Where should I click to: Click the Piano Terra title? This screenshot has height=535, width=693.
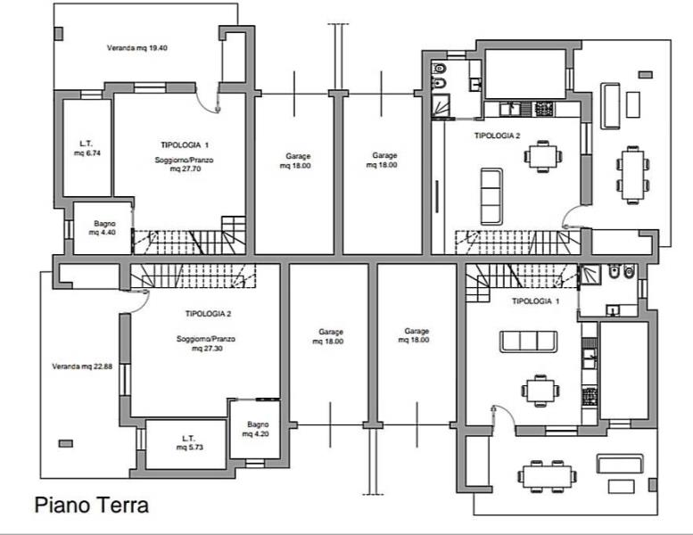92,505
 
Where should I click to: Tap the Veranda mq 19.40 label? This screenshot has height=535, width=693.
137,48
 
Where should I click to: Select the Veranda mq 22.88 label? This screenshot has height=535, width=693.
82,366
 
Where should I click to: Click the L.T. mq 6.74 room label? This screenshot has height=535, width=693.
87,148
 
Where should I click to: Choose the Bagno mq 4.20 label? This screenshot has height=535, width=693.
258,429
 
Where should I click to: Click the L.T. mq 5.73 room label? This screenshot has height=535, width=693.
189,442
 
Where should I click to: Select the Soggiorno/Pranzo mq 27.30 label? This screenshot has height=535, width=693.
206,343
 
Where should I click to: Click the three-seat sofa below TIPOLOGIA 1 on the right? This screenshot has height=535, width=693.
528,342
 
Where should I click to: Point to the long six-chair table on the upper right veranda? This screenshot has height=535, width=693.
633,175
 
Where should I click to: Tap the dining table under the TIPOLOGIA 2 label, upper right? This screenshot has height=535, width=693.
543,156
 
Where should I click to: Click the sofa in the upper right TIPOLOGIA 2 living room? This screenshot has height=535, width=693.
491,196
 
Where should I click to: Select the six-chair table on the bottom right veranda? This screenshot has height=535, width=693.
547,476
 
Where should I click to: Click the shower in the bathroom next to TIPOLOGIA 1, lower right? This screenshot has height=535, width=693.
590,276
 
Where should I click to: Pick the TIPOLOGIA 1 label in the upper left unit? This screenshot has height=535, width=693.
185,145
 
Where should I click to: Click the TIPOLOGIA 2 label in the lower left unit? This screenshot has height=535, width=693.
208,314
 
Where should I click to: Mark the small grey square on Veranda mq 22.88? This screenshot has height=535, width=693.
66,443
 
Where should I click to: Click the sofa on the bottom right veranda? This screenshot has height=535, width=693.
620,464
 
